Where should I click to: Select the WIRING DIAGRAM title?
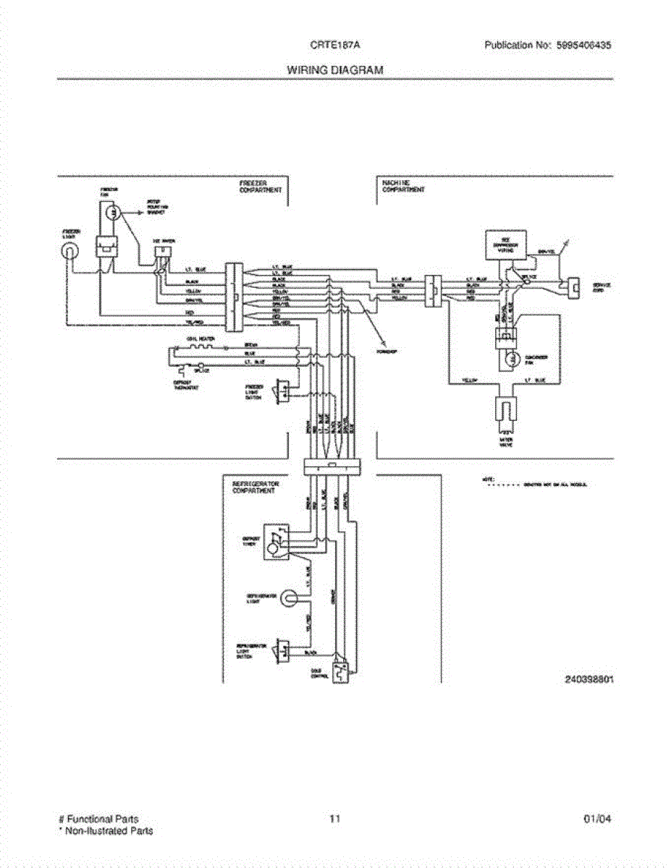[x=335, y=70]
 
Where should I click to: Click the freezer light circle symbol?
[x=70, y=250]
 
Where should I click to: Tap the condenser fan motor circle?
[x=510, y=359]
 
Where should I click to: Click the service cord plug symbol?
[x=575, y=288]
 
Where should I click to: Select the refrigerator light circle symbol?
[x=290, y=597]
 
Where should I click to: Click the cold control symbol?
[x=339, y=672]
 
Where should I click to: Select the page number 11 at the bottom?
[x=335, y=819]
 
